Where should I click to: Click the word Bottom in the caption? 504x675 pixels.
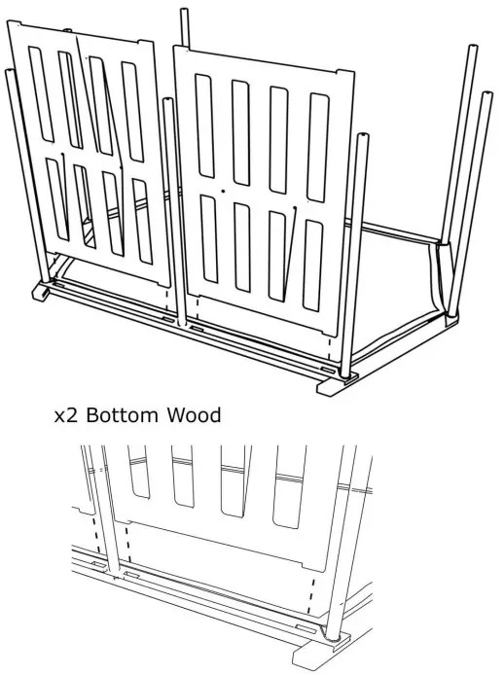pos(122,415)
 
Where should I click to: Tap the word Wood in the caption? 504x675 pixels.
pos(193,415)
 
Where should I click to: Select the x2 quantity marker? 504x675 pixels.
pos(65,416)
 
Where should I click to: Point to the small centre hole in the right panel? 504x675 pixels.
pos(223,191)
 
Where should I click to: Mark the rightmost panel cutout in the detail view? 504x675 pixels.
pos(289,481)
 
